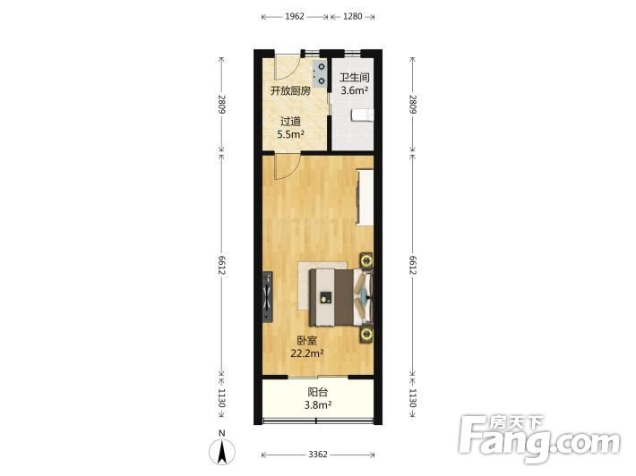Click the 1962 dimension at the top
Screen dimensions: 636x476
(295, 17)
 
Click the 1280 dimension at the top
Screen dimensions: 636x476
(352, 17)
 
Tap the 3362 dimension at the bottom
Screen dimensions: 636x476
(318, 455)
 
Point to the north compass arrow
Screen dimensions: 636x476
(222, 452)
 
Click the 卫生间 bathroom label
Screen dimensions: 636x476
(355, 77)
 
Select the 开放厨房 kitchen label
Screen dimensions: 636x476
(290, 90)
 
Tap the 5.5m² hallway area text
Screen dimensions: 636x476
(290, 134)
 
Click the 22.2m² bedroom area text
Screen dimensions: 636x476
(307, 353)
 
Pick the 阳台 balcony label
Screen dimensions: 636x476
(318, 392)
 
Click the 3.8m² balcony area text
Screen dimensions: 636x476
(318, 404)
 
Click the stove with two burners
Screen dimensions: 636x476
(320, 73)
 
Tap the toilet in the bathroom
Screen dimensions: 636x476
(362, 115)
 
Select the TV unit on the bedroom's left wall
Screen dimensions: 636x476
(267, 296)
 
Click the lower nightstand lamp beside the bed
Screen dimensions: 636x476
(366, 335)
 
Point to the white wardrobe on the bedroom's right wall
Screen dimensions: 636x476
(365, 197)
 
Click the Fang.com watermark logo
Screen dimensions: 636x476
(540, 438)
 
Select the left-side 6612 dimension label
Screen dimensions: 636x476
(221, 266)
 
